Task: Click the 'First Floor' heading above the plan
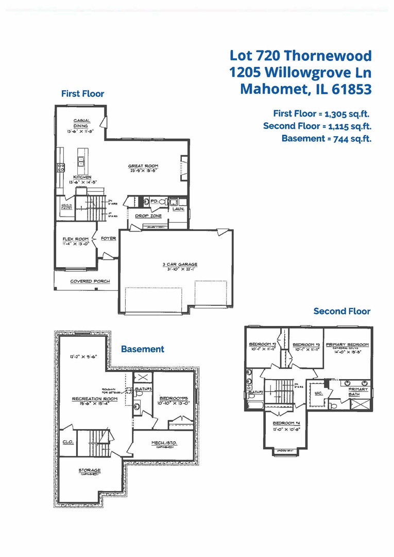82,94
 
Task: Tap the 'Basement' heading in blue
143,349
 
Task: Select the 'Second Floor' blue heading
342,311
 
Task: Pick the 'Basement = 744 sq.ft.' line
326,138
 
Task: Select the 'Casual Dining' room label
81,123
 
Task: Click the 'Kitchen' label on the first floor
82,177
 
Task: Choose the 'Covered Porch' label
90,281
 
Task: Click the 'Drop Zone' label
148,216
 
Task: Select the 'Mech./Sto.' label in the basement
164,443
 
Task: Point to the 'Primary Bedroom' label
347,344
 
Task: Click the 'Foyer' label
108,239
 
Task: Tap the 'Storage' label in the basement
89,470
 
